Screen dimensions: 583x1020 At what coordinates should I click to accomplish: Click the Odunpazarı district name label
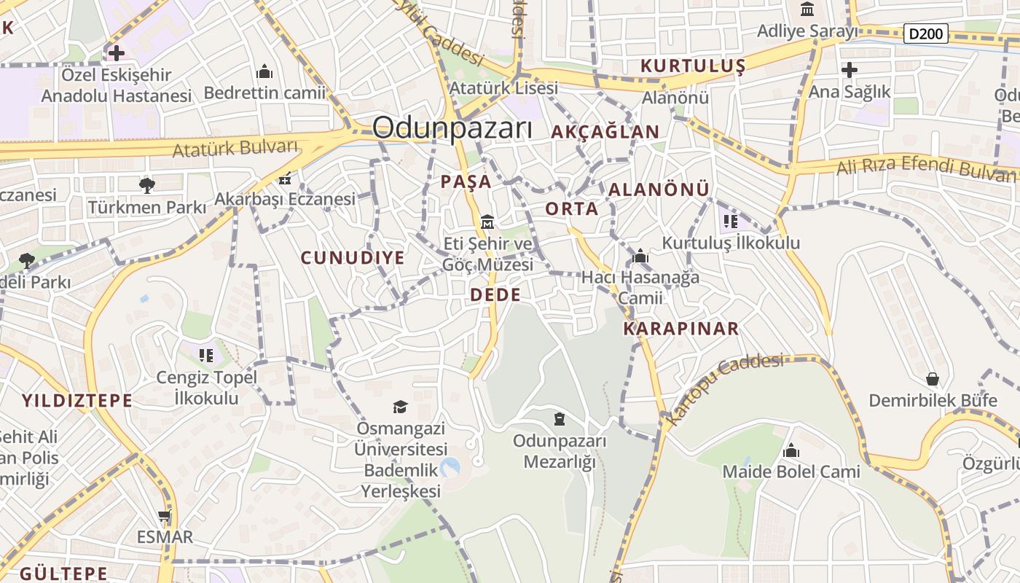pos(452,128)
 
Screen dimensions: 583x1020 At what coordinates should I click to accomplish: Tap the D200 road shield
pos(925,33)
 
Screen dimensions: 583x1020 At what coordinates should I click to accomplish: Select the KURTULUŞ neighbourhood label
pos(693,66)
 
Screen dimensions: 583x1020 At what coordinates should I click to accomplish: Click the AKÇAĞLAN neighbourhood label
pos(605,132)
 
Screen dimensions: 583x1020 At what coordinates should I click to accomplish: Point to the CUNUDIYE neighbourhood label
pos(353,258)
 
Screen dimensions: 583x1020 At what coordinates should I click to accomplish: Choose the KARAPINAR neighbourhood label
pos(680,329)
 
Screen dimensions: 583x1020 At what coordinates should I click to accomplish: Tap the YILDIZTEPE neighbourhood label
pos(77,400)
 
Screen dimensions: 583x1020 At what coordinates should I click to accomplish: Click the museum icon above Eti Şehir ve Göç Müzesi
pos(487,221)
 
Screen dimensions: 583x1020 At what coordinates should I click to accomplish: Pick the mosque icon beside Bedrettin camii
pos(264,71)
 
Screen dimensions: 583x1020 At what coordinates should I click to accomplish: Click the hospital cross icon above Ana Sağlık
pos(849,70)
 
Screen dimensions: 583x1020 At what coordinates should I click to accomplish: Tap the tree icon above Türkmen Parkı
pos(147,185)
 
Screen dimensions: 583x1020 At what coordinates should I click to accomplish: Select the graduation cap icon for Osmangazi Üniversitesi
pos(400,406)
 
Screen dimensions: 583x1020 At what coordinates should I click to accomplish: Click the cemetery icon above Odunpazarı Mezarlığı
pos(559,418)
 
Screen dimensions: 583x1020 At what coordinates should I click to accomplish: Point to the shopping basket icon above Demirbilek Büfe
pos(932,379)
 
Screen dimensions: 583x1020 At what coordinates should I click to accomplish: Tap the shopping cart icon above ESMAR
pos(165,516)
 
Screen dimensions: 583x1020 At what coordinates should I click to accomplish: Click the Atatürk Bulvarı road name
pos(235,148)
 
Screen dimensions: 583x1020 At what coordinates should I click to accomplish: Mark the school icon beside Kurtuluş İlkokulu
pos(730,221)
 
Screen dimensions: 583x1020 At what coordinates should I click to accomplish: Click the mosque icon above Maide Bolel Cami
pos(790,450)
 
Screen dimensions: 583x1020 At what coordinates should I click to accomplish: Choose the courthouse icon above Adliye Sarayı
pos(807,9)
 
